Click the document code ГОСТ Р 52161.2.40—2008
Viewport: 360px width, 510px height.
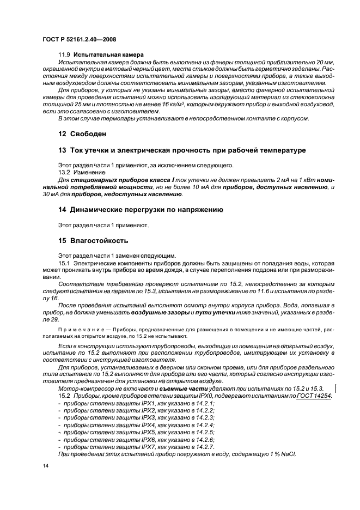(x=79, y=40)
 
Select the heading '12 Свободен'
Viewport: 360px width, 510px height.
(x=82, y=133)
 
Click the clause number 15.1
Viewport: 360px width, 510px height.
(x=65, y=263)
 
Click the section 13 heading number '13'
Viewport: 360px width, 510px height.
(x=62, y=150)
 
